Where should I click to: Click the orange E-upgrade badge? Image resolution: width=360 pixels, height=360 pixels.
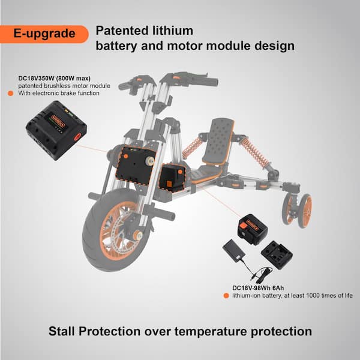tap(44, 34)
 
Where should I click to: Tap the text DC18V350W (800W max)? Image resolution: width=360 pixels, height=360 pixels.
tap(55, 78)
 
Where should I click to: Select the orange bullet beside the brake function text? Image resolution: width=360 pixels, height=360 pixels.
tap(11, 93)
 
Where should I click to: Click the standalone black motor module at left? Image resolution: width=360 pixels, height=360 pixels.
tap(56, 130)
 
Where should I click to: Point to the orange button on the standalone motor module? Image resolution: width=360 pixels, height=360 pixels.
tap(77, 137)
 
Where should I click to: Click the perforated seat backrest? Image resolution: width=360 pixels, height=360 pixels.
tap(218, 141)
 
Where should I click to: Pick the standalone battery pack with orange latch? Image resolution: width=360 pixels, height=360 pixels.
tap(253, 229)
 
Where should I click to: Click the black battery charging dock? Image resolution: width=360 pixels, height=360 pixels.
tap(277, 254)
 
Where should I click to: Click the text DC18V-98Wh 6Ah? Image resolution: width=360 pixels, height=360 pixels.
tap(258, 288)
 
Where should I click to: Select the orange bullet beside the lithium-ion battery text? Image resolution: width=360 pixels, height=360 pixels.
tap(226, 296)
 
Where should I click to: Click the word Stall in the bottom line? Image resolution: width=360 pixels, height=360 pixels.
tap(62, 331)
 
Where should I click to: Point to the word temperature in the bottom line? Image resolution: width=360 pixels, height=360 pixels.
tap(211, 332)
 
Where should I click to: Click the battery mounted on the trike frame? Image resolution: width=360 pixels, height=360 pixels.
tap(172, 178)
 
